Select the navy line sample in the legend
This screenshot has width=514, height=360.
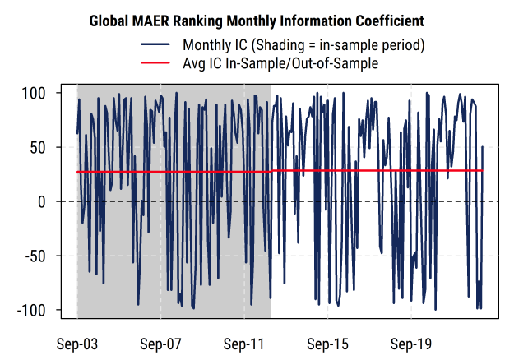coord(156,44)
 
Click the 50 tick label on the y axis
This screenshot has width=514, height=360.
coord(45,148)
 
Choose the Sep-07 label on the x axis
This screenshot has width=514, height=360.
coord(160,342)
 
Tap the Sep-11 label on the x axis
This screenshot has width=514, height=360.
coord(244,342)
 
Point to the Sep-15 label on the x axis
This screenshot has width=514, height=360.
coord(328,342)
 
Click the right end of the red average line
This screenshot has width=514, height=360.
coord(483,170)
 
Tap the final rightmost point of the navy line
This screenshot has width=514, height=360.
coord(483,147)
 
